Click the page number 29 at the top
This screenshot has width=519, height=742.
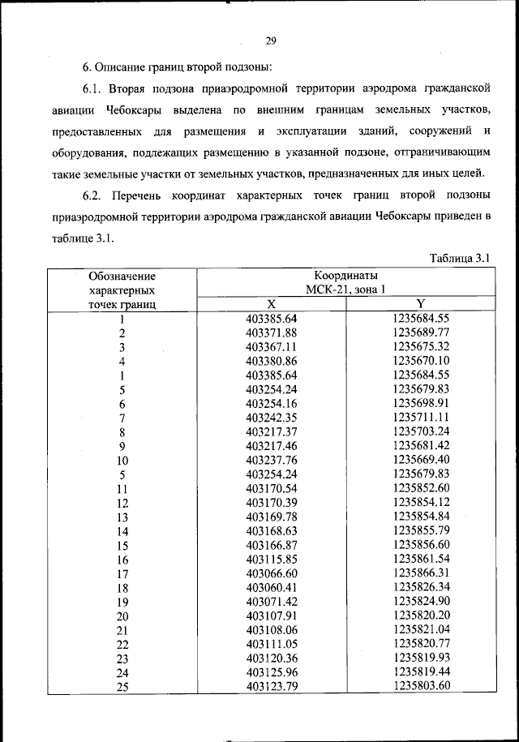click(x=272, y=41)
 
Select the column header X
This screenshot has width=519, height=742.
click(x=272, y=304)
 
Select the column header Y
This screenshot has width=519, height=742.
click(x=421, y=304)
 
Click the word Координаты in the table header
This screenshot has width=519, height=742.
click(x=346, y=276)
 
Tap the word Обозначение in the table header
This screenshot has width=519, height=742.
click(x=122, y=277)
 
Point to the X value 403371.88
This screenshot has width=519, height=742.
click(x=272, y=332)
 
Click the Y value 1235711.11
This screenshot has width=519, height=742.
click(x=421, y=418)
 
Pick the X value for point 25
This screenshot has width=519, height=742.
click(x=272, y=687)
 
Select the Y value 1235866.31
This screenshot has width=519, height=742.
click(x=421, y=573)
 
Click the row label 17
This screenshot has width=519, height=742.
click(x=122, y=574)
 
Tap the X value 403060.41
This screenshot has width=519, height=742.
click(x=272, y=588)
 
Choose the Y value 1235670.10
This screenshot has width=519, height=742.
click(x=421, y=361)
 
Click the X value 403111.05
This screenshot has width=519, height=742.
click(x=272, y=645)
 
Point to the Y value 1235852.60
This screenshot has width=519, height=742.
click(x=421, y=488)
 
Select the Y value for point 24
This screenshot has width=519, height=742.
click(x=421, y=673)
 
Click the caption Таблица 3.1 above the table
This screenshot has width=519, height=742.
click(x=460, y=258)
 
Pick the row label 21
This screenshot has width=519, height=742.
click(x=122, y=631)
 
